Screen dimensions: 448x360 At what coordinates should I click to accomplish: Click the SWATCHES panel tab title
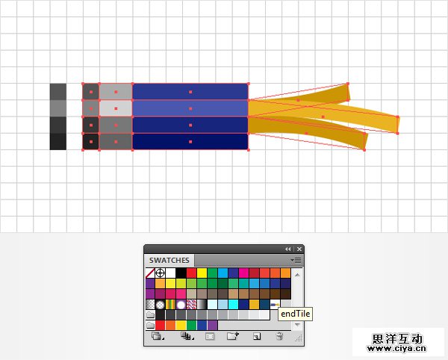[x=169, y=260]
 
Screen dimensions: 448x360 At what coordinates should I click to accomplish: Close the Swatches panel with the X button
[x=299, y=249]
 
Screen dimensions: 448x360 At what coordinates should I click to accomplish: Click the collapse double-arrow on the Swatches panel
[x=287, y=249]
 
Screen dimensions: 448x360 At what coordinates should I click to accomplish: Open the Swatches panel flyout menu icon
[x=296, y=260]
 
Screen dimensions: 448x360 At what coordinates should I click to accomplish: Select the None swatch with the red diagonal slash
[x=150, y=273]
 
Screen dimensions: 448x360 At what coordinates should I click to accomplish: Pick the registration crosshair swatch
[x=161, y=273]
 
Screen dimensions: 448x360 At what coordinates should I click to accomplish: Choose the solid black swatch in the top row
[x=181, y=273]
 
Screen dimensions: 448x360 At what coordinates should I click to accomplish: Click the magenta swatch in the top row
[x=243, y=273]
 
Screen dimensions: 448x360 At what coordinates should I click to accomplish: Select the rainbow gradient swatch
[x=170, y=305]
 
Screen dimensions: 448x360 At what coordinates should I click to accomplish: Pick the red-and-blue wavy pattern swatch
[x=191, y=305]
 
